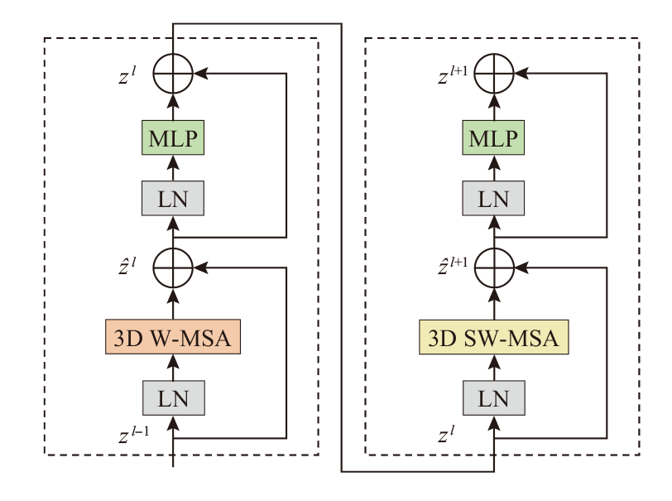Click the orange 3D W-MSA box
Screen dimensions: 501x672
point(173,337)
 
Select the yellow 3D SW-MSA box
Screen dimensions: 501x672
point(494,337)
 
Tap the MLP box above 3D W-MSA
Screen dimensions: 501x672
point(173,138)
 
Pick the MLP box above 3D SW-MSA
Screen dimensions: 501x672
point(494,138)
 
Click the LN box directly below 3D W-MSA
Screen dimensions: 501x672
point(173,397)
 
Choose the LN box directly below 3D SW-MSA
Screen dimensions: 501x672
point(494,397)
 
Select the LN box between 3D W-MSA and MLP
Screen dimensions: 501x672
point(173,199)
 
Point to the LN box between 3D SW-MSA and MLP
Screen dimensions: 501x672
point(494,199)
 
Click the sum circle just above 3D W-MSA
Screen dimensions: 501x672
point(173,267)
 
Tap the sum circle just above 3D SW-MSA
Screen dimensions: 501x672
point(494,267)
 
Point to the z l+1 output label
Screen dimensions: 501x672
point(454,75)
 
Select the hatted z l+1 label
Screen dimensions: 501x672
point(454,267)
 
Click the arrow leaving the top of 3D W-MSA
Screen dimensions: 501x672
point(173,302)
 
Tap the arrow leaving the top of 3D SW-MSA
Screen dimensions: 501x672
point(494,302)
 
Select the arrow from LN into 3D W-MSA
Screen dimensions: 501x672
point(173,367)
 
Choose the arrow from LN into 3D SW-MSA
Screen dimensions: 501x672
point(494,367)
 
